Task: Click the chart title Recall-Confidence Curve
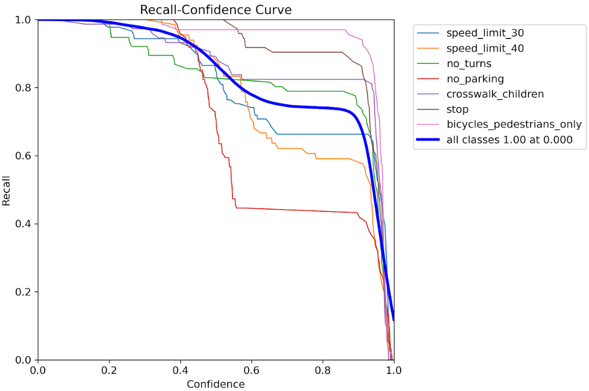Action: tap(215, 9)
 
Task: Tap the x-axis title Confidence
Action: tap(216, 384)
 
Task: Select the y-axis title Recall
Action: tap(7, 190)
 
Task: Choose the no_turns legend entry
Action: tap(468, 64)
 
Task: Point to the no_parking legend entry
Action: tap(475, 79)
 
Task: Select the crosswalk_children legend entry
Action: tap(495, 94)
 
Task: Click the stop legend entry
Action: tap(457, 110)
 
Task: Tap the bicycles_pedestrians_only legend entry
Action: tap(514, 125)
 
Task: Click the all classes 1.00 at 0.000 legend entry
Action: tap(509, 140)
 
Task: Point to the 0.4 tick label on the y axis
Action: tap(24, 224)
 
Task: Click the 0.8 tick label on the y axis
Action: tap(24, 87)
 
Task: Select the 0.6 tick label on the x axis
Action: tap(252, 370)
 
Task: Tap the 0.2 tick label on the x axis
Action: tap(109, 370)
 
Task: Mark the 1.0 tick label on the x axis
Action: tap(393, 370)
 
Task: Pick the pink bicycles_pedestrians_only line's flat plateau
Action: tap(264, 30)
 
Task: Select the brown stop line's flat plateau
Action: tap(306, 52)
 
